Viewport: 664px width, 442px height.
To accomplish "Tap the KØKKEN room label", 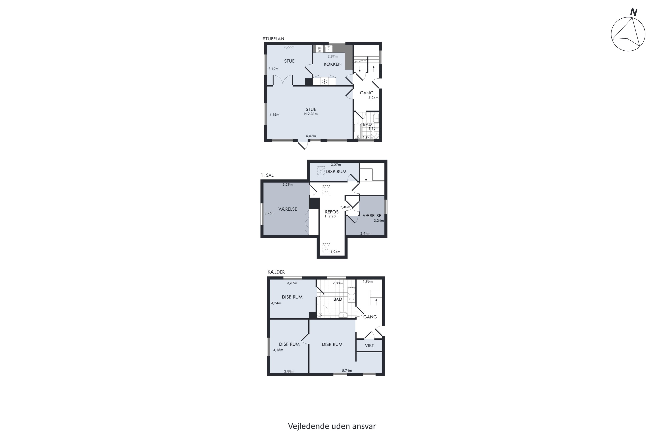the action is pos(333,64).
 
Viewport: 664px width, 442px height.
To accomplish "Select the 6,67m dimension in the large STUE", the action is pos(311,136).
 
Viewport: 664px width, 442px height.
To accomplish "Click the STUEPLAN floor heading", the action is pos(273,39).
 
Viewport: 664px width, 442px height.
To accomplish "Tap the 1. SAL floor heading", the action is pos(267,175).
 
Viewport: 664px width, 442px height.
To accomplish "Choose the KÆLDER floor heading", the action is pos(276,272).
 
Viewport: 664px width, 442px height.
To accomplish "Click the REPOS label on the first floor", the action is pos(332,212).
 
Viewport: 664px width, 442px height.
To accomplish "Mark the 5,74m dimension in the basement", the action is pos(347,371).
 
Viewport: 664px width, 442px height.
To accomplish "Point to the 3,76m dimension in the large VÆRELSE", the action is pos(269,213).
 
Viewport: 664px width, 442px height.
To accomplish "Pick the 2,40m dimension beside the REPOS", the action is pos(345,207).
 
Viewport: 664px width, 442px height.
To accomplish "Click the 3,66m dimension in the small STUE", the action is pos(289,47).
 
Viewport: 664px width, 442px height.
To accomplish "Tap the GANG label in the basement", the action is pos(370,317).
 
